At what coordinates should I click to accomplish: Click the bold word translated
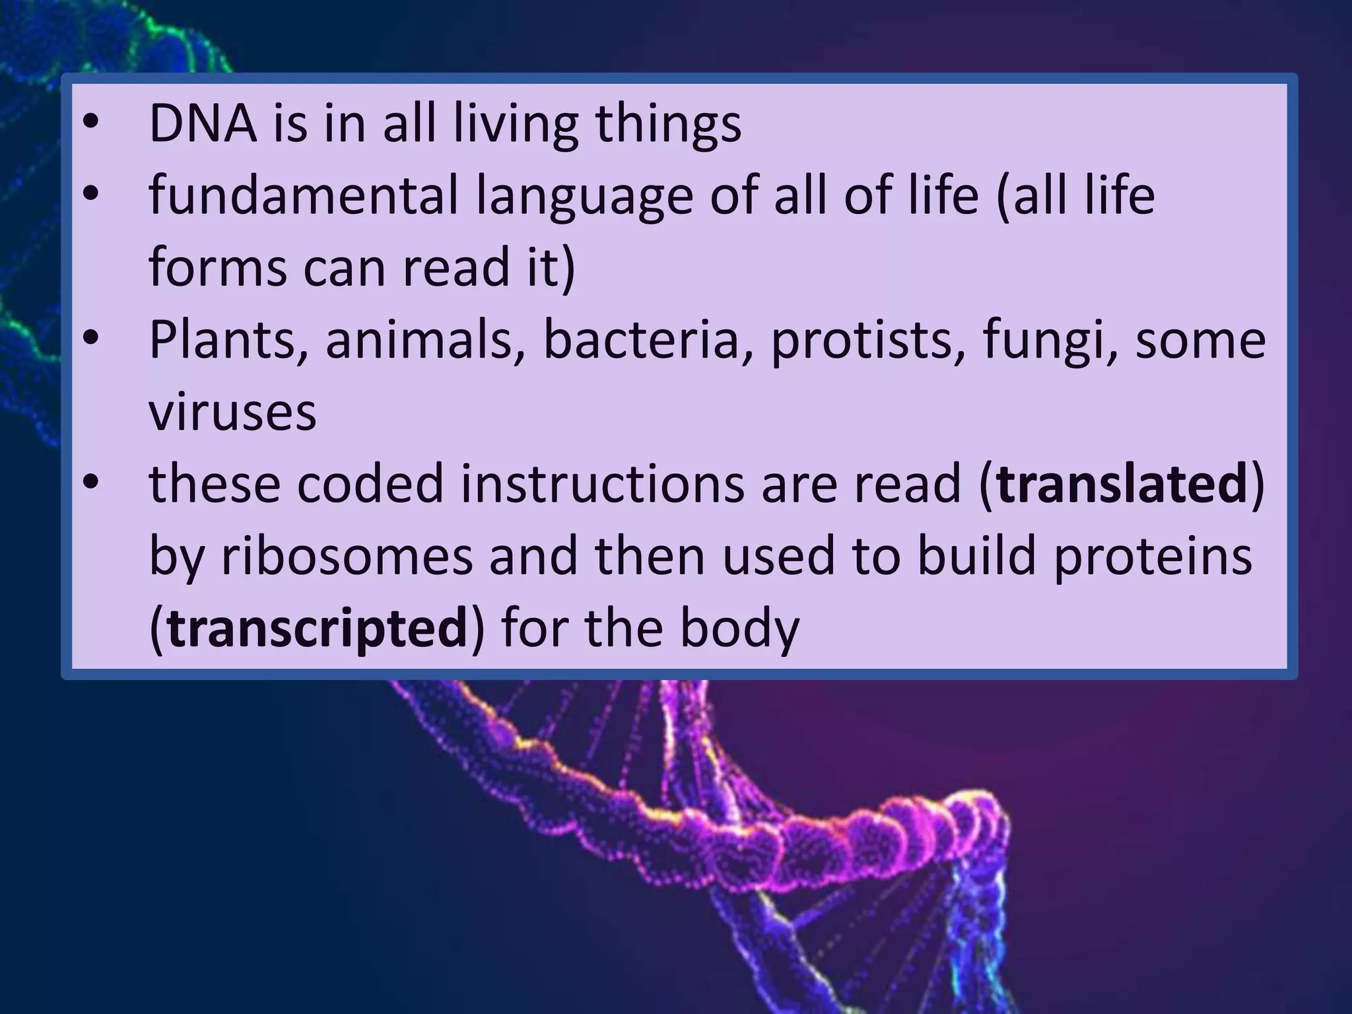[x=1121, y=484]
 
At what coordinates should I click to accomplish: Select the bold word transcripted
[x=318, y=628]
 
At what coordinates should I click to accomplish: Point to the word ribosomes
[x=347, y=556]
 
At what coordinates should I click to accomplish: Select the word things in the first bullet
[x=668, y=125]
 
